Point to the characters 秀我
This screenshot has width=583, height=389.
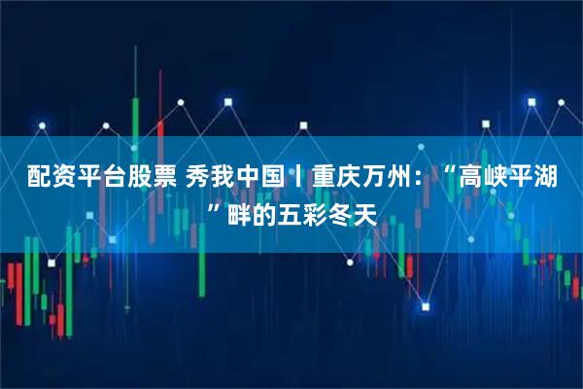[x=209, y=178]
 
